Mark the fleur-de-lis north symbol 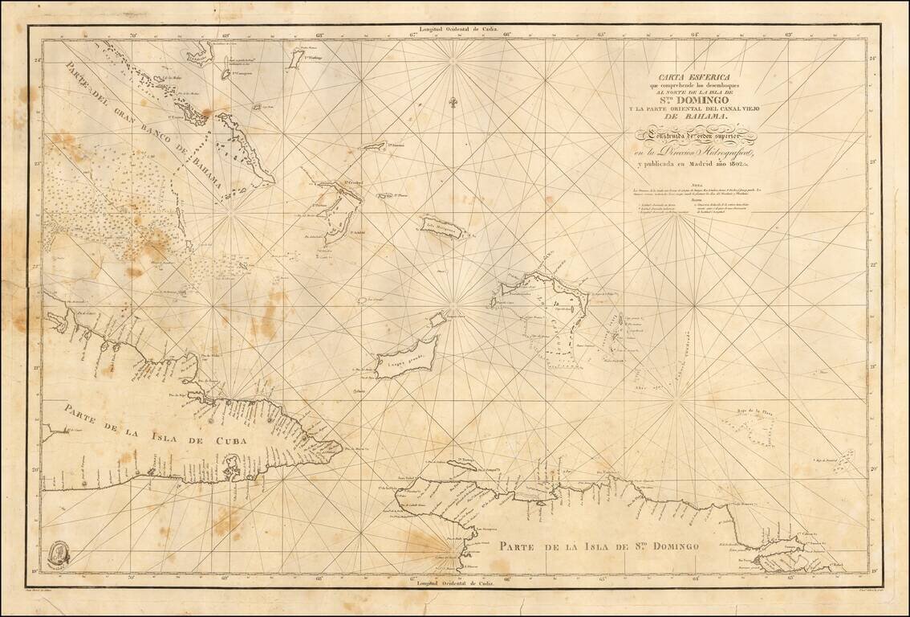453,104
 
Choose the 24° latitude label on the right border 874,59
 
